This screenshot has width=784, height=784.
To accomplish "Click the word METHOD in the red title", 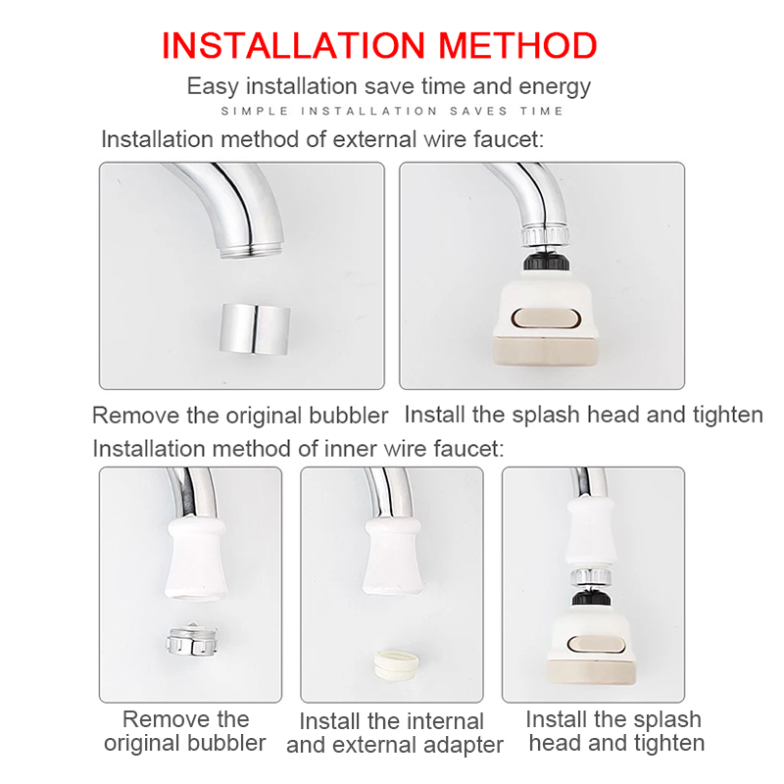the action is click(x=517, y=45).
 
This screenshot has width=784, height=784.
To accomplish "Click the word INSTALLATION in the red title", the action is click(x=293, y=45).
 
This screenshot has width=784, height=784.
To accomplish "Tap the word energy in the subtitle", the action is click(x=555, y=87).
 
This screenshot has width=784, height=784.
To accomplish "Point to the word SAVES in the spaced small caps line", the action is click(x=478, y=111).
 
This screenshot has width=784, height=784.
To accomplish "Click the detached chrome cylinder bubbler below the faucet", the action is click(x=255, y=328).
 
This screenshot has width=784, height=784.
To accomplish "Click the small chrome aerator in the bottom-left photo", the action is click(x=192, y=640).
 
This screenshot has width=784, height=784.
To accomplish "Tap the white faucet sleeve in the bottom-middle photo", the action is click(x=394, y=556).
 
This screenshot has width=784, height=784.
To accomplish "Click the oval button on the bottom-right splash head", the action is click(x=597, y=645).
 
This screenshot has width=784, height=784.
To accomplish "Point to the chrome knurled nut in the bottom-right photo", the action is click(x=591, y=577).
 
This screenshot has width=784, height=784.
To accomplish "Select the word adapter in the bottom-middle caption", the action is click(x=463, y=746).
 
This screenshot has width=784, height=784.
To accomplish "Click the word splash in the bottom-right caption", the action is click(x=667, y=720).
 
